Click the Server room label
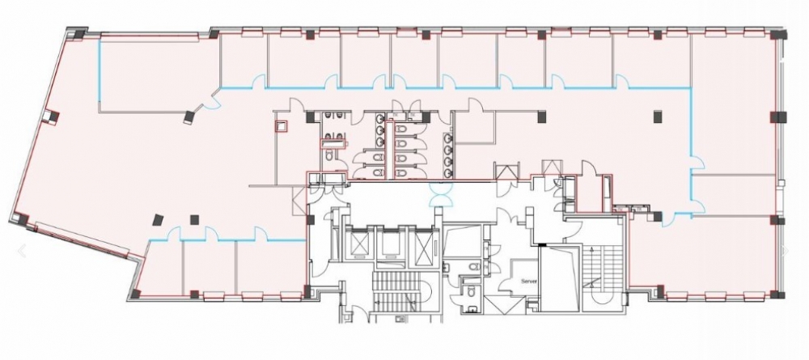click(529, 282)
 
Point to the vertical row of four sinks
click(448, 155)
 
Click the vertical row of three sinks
click(379, 129)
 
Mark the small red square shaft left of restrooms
click(282, 126)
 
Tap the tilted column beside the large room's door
click(189, 117)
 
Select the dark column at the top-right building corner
click(778, 35)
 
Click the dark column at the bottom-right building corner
click(777, 294)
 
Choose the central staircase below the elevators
click(398, 292)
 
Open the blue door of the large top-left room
click(211, 100)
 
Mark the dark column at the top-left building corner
click(79, 35)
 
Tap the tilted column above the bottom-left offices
click(158, 220)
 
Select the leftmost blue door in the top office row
click(258, 82)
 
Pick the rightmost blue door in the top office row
click(621, 82)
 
